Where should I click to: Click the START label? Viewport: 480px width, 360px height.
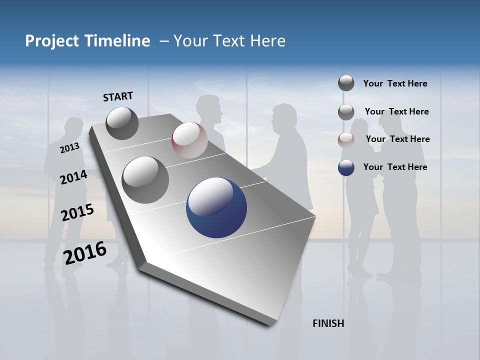(118, 96)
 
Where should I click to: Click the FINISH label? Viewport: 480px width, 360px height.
(328, 323)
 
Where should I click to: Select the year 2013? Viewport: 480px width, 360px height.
(69, 148)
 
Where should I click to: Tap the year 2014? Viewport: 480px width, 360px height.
(73, 177)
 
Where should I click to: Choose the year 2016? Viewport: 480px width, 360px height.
(85, 253)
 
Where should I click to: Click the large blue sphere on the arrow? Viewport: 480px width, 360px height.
(216, 207)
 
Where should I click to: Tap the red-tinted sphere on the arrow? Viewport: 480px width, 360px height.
(189, 140)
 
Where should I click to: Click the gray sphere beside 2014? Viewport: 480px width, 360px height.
(145, 179)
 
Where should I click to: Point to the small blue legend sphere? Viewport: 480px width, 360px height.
(346, 167)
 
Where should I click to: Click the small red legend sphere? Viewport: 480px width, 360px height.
(346, 140)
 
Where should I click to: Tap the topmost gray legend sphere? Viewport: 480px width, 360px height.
(346, 83)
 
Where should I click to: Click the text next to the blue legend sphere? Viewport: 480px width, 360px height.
(395, 167)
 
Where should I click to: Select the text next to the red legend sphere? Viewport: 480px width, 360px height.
(397, 139)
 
